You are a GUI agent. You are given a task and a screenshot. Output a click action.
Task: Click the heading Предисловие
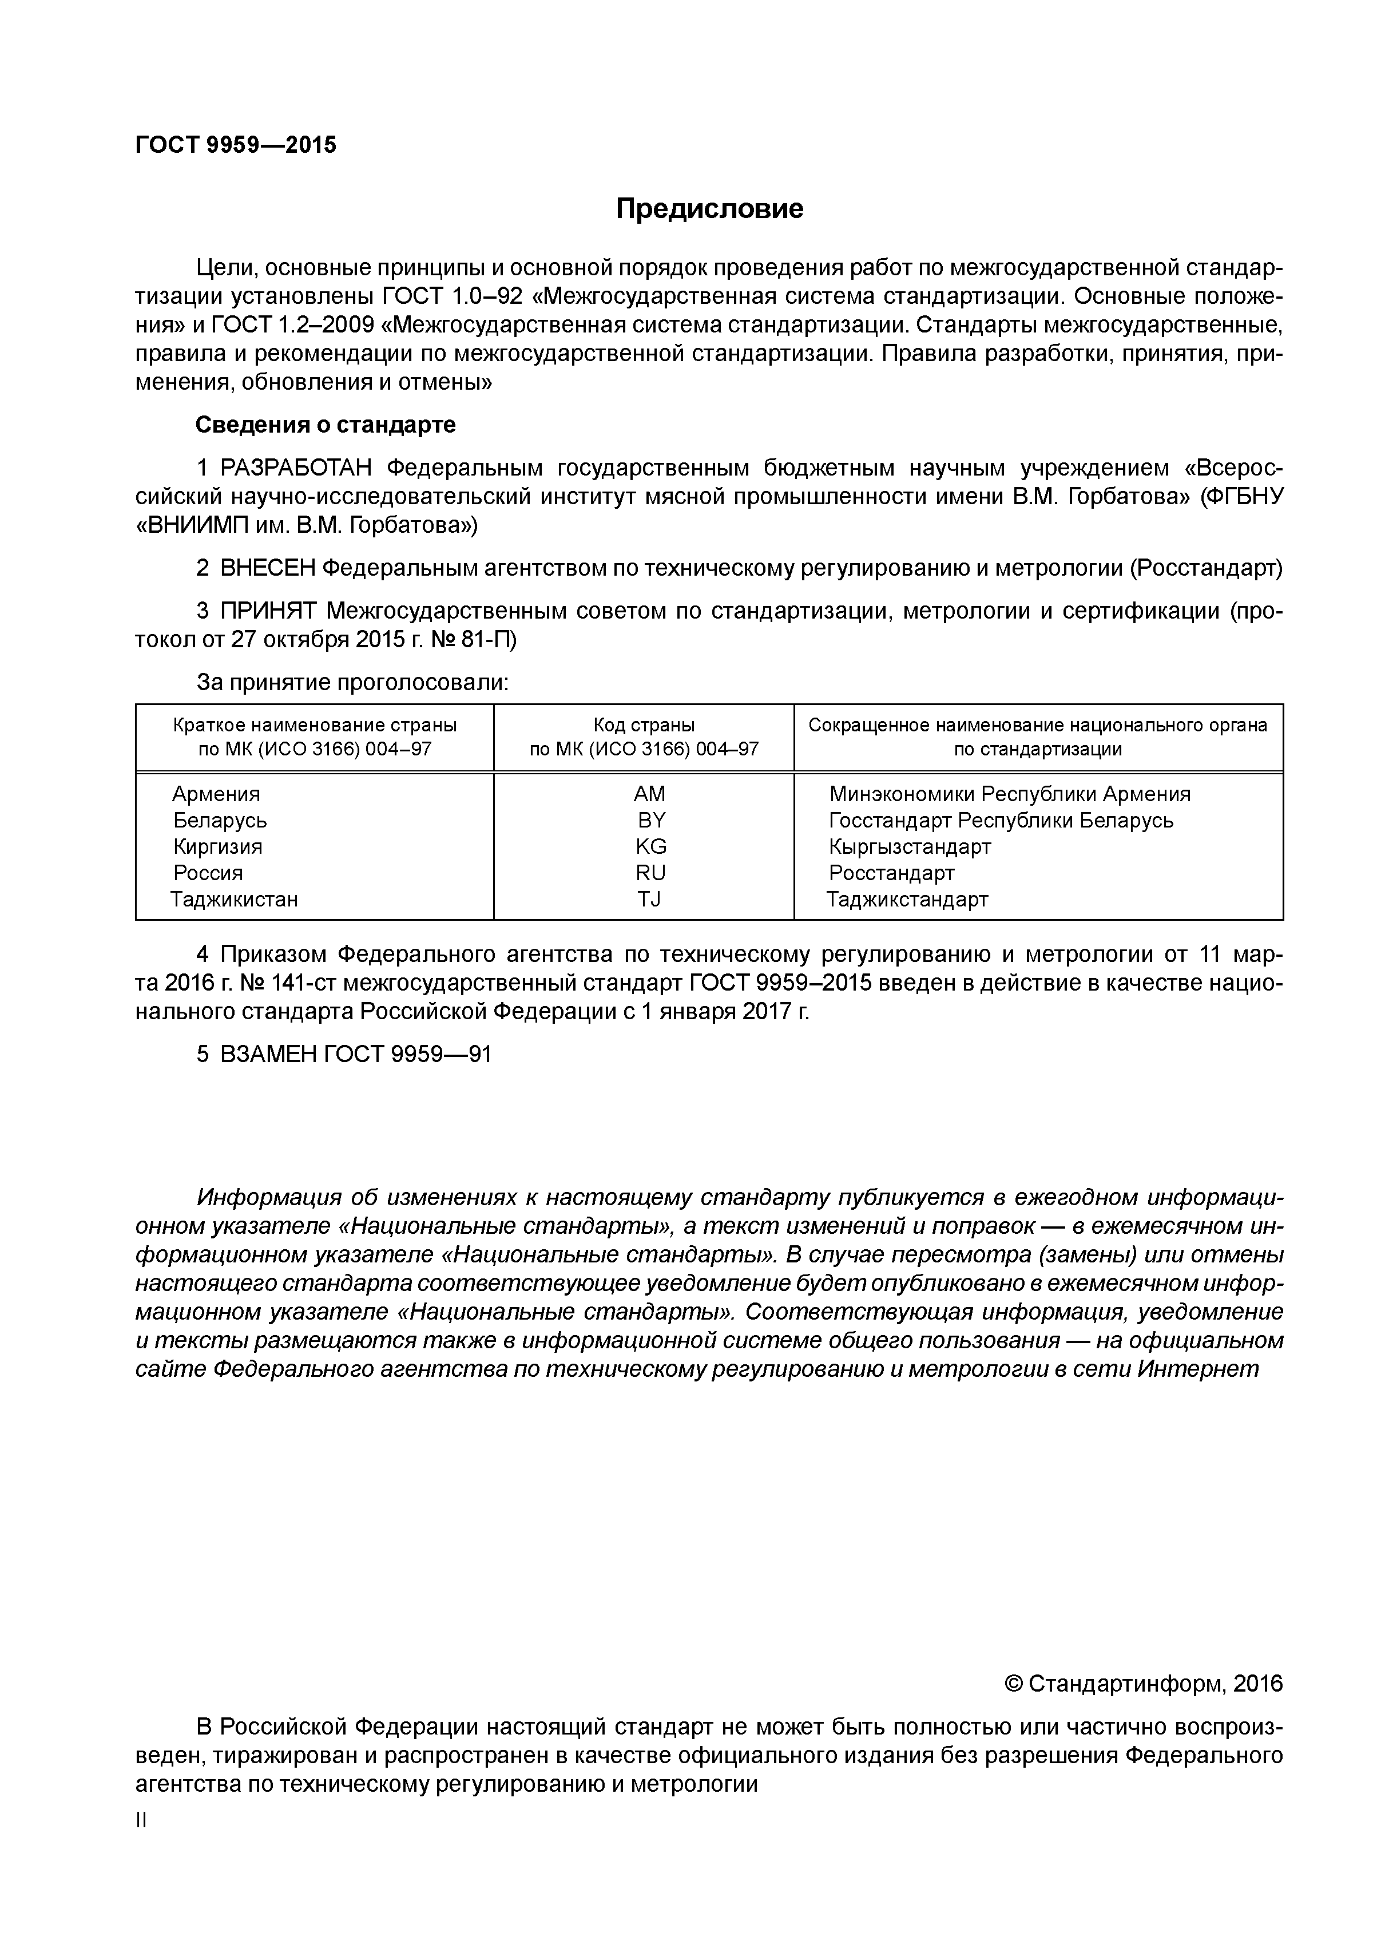click(x=709, y=208)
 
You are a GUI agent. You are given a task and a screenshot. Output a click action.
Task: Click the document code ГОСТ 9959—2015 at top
click(x=236, y=145)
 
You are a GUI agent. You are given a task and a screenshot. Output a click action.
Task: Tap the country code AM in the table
click(x=649, y=794)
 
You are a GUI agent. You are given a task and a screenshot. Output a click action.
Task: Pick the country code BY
click(x=651, y=821)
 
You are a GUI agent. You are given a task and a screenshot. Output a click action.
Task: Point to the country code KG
click(x=650, y=847)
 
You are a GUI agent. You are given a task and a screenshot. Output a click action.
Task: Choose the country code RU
click(x=650, y=873)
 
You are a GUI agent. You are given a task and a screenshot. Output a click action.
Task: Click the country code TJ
click(x=649, y=899)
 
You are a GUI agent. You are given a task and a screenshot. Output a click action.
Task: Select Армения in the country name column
click(x=216, y=794)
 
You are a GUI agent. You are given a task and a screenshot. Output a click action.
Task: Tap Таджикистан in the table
click(x=234, y=899)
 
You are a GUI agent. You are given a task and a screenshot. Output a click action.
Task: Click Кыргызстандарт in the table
click(x=910, y=847)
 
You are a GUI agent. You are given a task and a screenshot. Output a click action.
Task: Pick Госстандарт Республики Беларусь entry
click(x=1001, y=821)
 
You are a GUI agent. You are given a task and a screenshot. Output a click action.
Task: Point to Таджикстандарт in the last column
click(x=907, y=899)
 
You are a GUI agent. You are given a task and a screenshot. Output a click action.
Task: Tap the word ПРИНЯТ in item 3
click(x=269, y=611)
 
